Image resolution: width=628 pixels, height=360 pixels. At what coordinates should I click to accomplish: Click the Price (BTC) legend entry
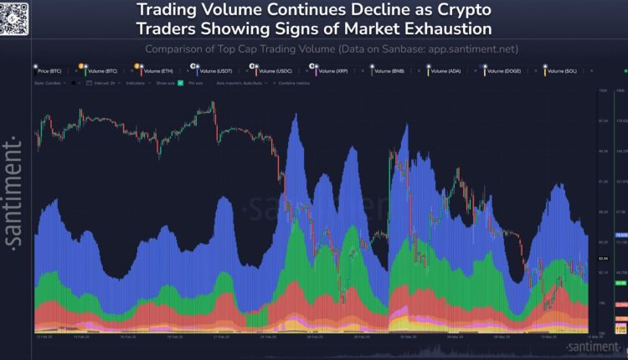click(50, 72)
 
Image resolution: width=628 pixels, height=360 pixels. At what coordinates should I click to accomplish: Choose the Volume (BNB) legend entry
click(389, 72)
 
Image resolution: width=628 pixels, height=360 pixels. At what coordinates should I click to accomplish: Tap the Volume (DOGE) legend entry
click(505, 72)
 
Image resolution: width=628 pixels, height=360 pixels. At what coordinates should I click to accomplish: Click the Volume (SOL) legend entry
click(563, 72)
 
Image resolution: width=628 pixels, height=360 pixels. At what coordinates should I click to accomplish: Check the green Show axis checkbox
click(179, 83)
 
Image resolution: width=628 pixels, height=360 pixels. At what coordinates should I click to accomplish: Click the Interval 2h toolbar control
click(106, 83)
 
